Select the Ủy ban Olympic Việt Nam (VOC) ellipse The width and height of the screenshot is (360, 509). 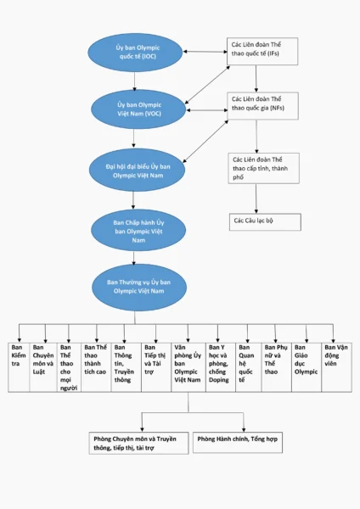pyautogui.click(x=138, y=109)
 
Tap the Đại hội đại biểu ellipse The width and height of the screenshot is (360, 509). pyautogui.click(x=137, y=171)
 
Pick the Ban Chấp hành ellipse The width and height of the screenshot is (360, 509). pyautogui.click(x=138, y=231)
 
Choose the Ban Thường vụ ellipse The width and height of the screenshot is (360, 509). pyautogui.click(x=139, y=287)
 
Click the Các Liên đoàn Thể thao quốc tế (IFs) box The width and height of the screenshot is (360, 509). pyautogui.click(x=262, y=51)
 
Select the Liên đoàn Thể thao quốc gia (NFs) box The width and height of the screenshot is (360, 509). pyautogui.click(x=263, y=106)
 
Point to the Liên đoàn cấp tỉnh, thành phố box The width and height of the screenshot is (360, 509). pyautogui.click(x=263, y=169)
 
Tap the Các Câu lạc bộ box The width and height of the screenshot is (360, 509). pyautogui.click(x=265, y=222)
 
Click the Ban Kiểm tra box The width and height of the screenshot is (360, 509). pyautogui.click(x=19, y=367)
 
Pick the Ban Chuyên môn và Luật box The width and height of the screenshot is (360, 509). pyautogui.click(x=43, y=367)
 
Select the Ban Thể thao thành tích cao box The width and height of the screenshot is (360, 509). pyautogui.click(x=96, y=367)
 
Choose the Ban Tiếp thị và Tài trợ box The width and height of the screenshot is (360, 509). pyautogui.click(x=156, y=367)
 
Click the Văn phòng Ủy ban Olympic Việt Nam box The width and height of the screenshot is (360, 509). pyautogui.click(x=188, y=367)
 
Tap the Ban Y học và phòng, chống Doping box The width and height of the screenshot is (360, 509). pyautogui.click(x=221, y=367)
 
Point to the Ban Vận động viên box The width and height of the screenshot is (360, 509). pyautogui.click(x=336, y=367)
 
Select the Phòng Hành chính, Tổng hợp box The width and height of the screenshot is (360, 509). pyautogui.click(x=238, y=442)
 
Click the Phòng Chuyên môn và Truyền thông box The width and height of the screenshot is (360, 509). pyautogui.click(x=138, y=443)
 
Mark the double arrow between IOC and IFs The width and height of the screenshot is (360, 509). pyautogui.click(x=205, y=51)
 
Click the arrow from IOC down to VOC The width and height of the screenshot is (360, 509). pyautogui.click(x=134, y=81)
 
